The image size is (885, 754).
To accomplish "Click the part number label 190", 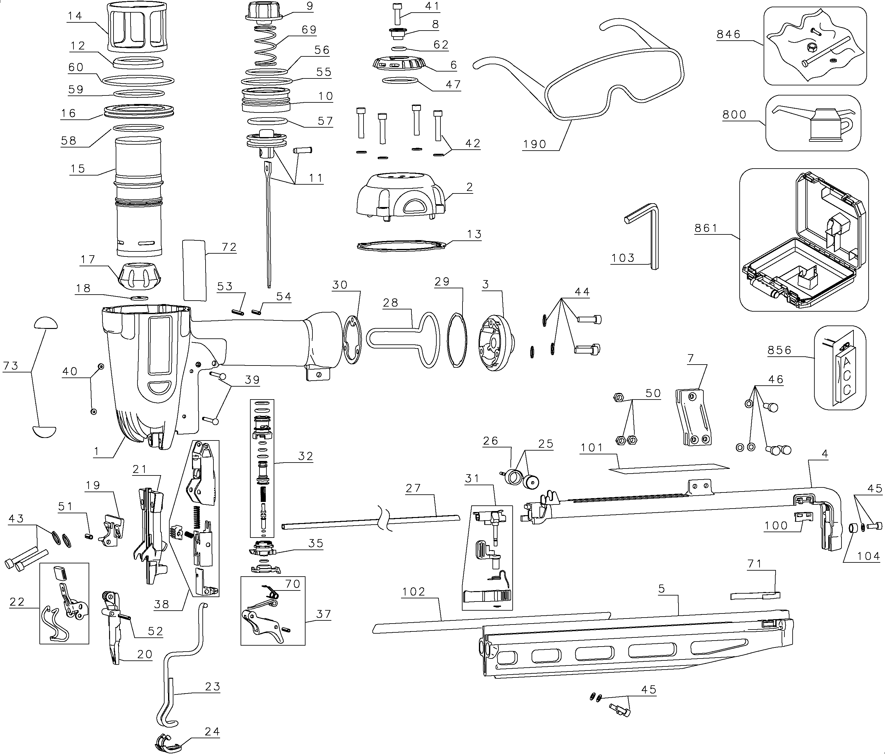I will click(534, 144).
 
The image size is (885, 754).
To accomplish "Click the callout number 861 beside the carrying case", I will click(706, 228).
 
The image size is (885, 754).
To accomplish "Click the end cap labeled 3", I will click(495, 342).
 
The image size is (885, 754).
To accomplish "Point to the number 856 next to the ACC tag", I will click(779, 350).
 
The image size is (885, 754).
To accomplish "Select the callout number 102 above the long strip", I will click(413, 591).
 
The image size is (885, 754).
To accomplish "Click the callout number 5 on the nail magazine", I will click(661, 589).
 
